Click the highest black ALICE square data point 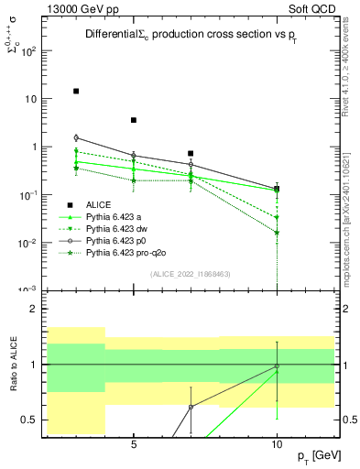tap(76, 92)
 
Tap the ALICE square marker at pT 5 tap(134, 120)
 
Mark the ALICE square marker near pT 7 tap(191, 154)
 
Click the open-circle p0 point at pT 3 tap(76, 137)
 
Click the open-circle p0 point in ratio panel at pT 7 tap(191, 407)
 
